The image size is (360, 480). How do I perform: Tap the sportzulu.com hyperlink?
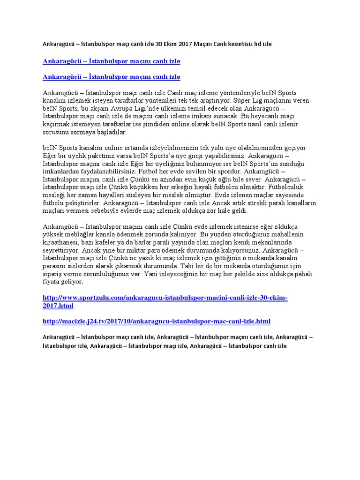(x=165, y=301)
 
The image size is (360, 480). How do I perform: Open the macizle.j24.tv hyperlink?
(x=156, y=321)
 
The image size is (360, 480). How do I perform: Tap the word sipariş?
(x=53, y=274)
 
